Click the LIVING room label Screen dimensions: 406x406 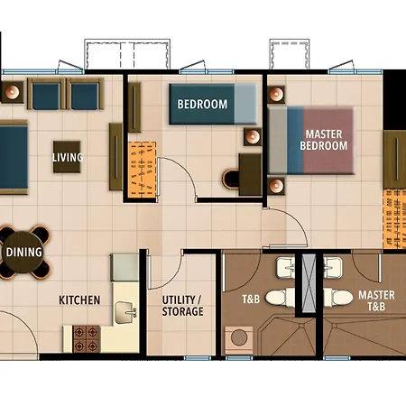68,157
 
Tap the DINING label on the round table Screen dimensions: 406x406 23,252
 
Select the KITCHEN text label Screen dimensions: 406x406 79,300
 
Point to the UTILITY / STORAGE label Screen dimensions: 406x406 182,306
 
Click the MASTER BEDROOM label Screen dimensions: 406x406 324,140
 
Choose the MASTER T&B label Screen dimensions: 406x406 376,300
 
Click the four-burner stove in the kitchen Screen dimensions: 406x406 86,338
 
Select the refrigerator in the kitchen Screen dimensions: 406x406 125,267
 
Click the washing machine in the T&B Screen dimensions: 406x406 239,340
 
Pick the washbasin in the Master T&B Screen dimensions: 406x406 333,267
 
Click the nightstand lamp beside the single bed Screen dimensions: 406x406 253,137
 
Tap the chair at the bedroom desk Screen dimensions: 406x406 231,180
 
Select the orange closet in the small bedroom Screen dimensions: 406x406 142,170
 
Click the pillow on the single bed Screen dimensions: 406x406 245,104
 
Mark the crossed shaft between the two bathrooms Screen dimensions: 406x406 309,283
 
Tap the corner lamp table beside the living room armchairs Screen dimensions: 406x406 13,92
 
